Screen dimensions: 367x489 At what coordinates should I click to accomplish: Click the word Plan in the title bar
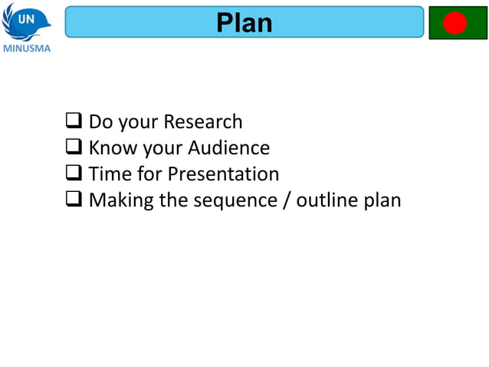point(244,22)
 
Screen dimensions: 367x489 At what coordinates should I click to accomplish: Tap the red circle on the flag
point(455,23)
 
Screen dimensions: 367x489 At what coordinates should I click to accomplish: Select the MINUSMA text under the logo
point(27,48)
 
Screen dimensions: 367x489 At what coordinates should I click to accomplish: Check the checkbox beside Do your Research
point(74,121)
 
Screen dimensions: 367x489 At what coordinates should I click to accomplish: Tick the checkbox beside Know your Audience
point(74,147)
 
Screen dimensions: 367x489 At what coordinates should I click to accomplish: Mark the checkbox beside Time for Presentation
point(74,173)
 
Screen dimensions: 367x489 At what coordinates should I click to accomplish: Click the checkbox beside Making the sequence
point(74,199)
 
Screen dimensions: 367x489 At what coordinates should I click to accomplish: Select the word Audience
point(228,147)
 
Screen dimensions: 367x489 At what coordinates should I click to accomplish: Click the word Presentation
point(223,174)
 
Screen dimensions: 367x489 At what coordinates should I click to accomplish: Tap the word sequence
point(231,200)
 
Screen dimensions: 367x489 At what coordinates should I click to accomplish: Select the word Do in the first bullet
point(101,121)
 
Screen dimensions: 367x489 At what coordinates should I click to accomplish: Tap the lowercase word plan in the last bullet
point(382,200)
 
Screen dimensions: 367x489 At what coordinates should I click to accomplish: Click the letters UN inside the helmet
point(25,18)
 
